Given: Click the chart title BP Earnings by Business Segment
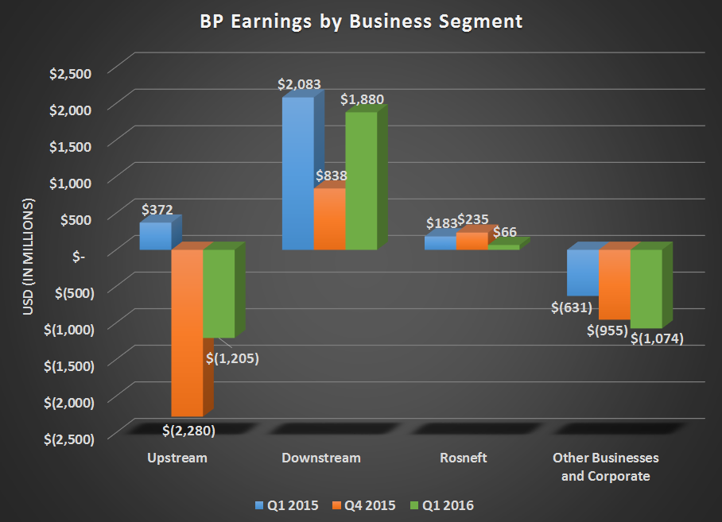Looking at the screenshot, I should point(360,21).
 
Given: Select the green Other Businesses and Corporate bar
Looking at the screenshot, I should point(646,288).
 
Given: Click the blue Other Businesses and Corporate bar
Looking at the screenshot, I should point(582,273).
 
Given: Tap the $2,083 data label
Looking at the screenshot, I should point(298,83).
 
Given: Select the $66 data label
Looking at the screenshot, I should point(505,232).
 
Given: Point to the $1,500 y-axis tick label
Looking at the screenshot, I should point(71,145).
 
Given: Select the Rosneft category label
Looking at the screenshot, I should point(463,458).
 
